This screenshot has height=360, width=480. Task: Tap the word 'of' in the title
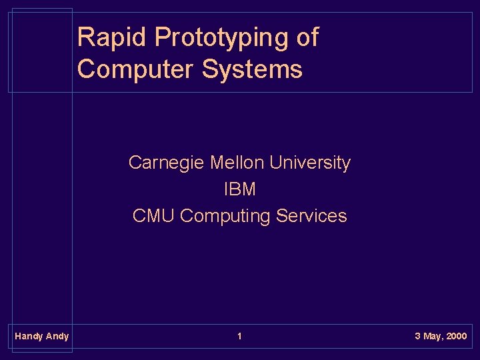(x=307, y=38)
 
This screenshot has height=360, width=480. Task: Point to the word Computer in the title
(x=134, y=69)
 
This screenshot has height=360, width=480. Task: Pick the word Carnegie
(x=167, y=163)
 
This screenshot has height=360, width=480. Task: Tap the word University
(x=310, y=163)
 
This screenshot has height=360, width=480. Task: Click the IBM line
(x=239, y=189)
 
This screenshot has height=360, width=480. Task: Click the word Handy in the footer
(x=29, y=337)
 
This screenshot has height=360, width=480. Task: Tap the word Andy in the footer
(x=57, y=337)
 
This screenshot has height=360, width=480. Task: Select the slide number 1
(x=239, y=336)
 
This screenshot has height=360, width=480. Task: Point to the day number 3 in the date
(x=417, y=336)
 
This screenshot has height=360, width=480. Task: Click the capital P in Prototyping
(x=163, y=37)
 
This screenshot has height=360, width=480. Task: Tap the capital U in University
(x=276, y=163)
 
